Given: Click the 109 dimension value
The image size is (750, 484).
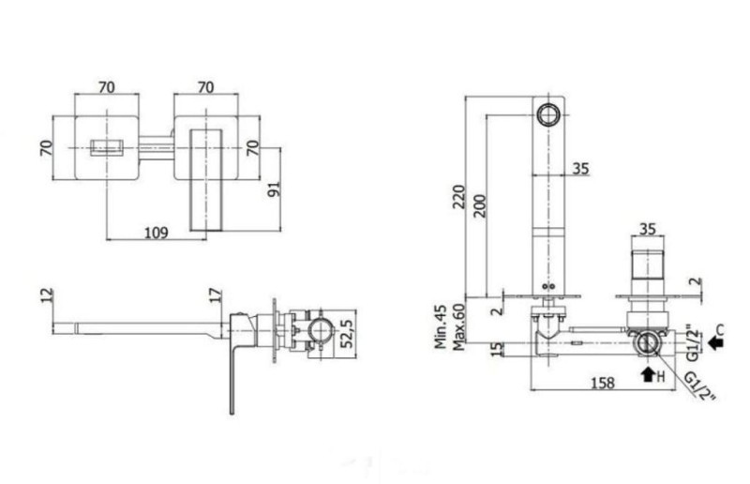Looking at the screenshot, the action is click(x=157, y=233).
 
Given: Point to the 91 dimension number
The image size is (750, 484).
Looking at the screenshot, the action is click(x=274, y=189).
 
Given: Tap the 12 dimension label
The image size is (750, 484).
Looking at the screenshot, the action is click(x=47, y=295).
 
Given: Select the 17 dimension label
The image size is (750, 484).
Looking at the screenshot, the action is click(x=216, y=295).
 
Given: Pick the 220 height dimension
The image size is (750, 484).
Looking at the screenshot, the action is click(x=458, y=196).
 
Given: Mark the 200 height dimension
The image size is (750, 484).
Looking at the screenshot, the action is click(x=480, y=205).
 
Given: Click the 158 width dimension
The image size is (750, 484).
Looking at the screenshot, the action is click(x=603, y=383).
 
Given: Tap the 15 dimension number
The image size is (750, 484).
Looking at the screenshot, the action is click(x=498, y=349).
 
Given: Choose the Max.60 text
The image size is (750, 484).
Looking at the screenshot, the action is click(x=458, y=327).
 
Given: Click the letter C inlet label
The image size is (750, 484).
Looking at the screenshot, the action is click(x=720, y=329).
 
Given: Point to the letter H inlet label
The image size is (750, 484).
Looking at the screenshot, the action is click(x=661, y=377).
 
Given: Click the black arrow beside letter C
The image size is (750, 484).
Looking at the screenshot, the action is click(x=715, y=342).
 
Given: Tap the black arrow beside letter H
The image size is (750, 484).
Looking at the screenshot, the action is click(x=648, y=374).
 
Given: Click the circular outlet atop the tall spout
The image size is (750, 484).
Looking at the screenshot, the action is click(x=548, y=114).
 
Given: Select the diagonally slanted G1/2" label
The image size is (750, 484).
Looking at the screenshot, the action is click(x=700, y=386).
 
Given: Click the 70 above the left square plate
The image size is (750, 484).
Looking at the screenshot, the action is click(x=107, y=87).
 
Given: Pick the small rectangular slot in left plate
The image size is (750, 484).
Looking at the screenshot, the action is click(x=107, y=147).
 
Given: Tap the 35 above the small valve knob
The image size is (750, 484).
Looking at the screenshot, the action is click(x=647, y=229).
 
